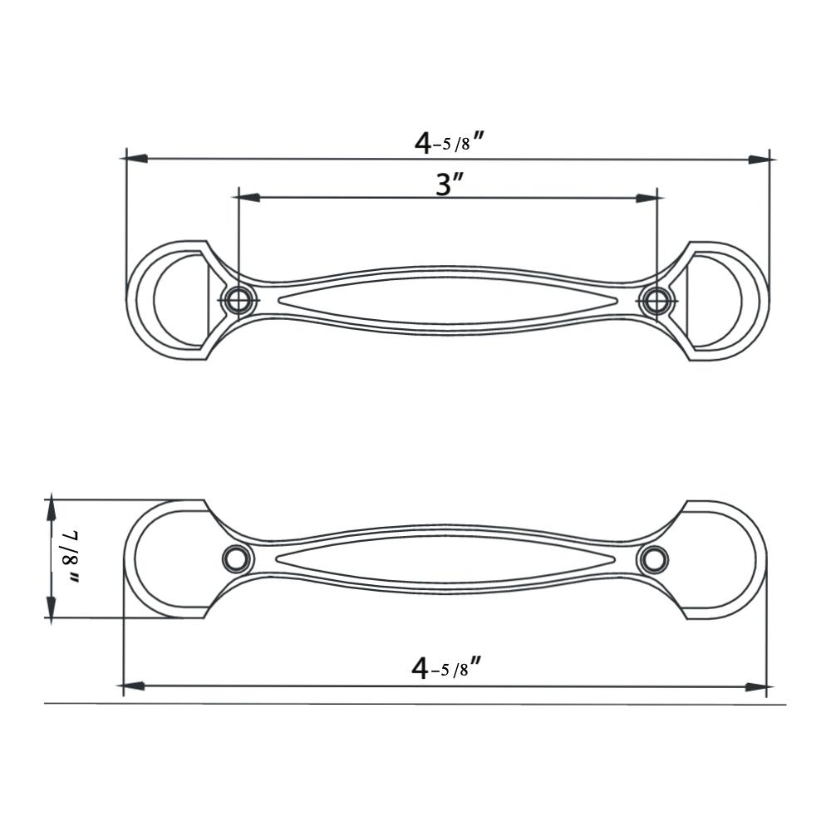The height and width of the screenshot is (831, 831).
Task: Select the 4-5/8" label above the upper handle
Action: [x=449, y=142]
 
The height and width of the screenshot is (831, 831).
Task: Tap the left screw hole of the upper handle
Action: [x=238, y=300]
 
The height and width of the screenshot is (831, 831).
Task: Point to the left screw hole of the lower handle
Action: [x=237, y=559]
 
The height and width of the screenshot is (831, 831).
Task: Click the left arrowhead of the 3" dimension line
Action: [x=249, y=198]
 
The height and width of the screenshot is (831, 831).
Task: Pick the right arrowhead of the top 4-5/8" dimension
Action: [x=758, y=159]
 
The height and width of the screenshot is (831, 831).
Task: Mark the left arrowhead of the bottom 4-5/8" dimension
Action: [x=134, y=686]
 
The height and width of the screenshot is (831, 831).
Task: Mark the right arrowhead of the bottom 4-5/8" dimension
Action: [x=755, y=687]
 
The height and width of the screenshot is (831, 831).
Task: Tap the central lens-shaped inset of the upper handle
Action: [x=447, y=300]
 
